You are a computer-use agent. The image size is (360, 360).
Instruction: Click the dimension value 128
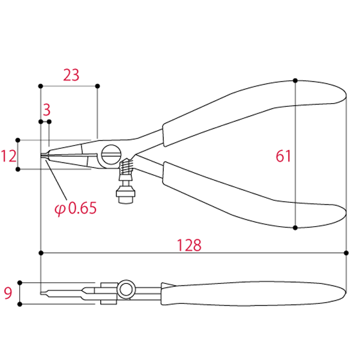190,245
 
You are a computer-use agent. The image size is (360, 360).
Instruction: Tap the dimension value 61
283,157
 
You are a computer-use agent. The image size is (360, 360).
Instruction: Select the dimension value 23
71,75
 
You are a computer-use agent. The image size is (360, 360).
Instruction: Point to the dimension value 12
8,157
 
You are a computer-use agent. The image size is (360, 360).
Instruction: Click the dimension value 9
8,293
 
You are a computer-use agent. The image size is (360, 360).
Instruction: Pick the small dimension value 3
46,110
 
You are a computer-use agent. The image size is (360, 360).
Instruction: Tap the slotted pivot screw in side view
111,154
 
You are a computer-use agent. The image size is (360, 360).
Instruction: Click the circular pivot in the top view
125,290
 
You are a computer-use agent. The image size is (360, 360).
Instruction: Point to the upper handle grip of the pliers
252,108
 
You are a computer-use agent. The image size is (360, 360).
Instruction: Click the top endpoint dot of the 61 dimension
296,80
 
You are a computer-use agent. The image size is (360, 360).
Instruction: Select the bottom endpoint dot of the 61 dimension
296,227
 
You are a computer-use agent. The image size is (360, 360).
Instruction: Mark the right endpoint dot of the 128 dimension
346,253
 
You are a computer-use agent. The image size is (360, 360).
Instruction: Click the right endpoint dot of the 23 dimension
97,86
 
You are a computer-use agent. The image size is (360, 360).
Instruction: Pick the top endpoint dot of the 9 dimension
20,281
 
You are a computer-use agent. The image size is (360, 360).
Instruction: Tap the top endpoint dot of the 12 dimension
19,140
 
